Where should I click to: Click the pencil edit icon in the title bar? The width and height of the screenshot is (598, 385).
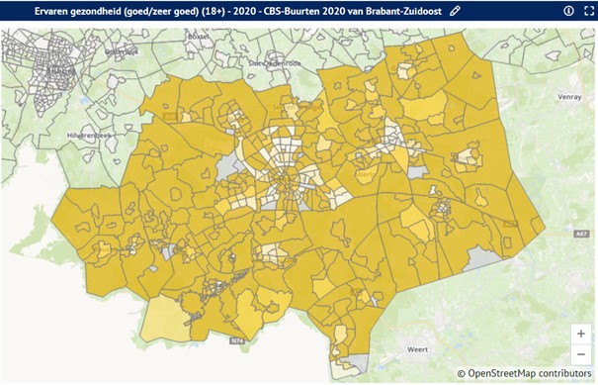point(455,10)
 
